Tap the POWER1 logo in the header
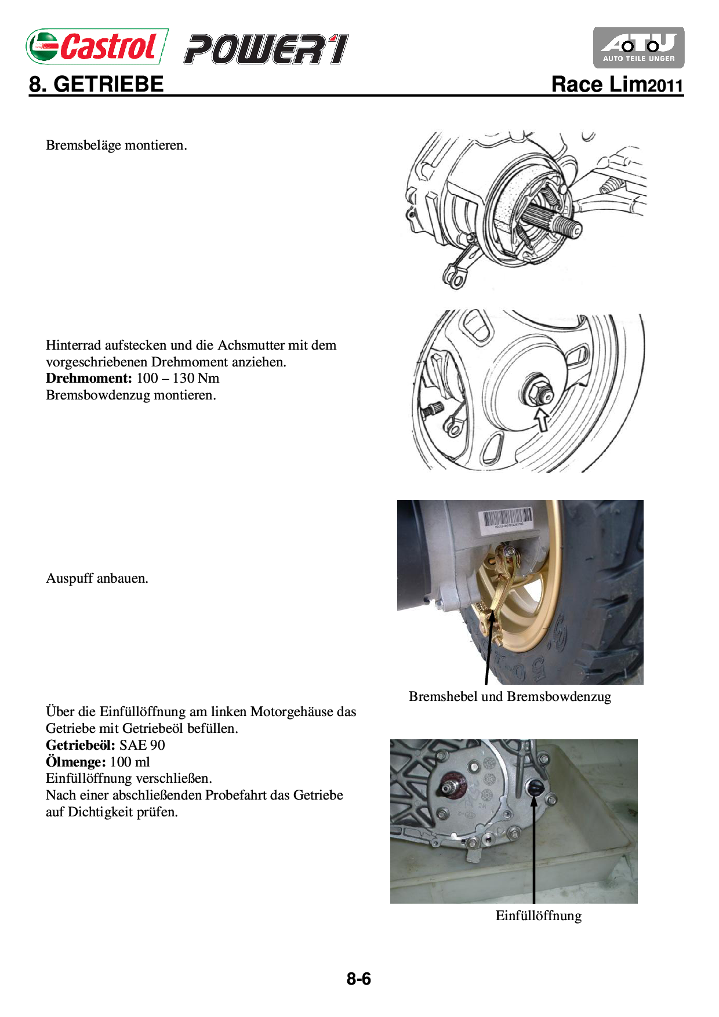coord(266,49)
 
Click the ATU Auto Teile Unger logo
coord(638,48)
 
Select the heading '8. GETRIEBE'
coord(96,85)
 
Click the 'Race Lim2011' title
coord(617,85)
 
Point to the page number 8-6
coord(358,979)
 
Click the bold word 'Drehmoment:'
coord(89,379)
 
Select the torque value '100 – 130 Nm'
coord(178,379)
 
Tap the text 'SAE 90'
coord(142,745)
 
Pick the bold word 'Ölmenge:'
coord(75,762)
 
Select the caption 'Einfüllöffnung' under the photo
coord(538,916)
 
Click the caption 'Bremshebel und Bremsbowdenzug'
coord(510,696)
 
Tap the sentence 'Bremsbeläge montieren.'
coord(116,145)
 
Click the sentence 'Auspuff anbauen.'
coord(97,579)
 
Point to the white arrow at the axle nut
coord(542,419)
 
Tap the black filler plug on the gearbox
coord(535,788)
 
